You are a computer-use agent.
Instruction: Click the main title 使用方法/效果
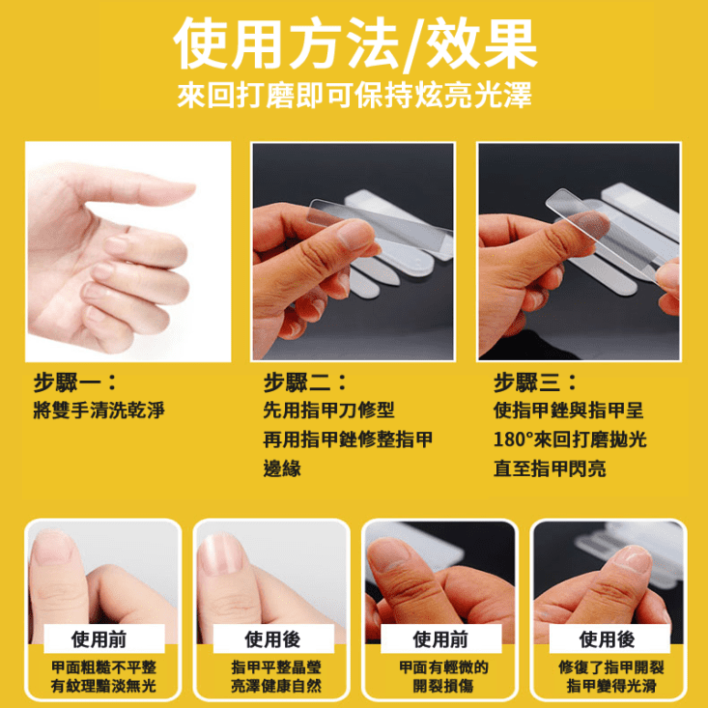point(354,43)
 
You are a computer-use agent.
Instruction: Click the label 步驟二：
point(305,382)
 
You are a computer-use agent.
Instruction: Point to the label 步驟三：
point(535,382)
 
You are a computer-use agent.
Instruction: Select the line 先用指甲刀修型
point(328,410)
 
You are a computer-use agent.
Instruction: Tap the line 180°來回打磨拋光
point(569,439)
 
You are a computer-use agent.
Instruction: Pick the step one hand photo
point(127,251)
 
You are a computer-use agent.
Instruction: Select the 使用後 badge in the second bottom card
point(271,639)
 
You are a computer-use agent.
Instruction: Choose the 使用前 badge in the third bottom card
point(440,639)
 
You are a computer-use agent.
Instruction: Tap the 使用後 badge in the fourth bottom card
point(607,639)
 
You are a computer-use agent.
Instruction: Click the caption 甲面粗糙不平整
point(103,668)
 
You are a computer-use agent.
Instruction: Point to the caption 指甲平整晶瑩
point(271,668)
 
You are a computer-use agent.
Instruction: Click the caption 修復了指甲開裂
point(607,668)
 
